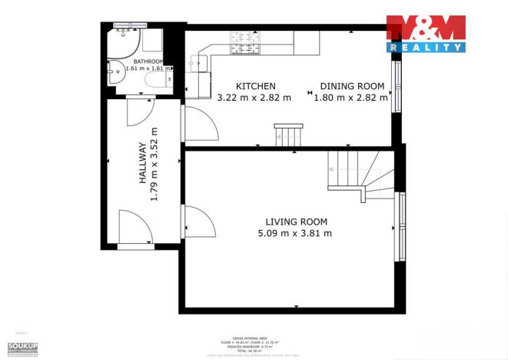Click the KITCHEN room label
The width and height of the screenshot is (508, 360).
(255, 86)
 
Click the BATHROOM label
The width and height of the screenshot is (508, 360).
(148, 61)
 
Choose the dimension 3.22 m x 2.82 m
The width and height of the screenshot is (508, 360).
(254, 98)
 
